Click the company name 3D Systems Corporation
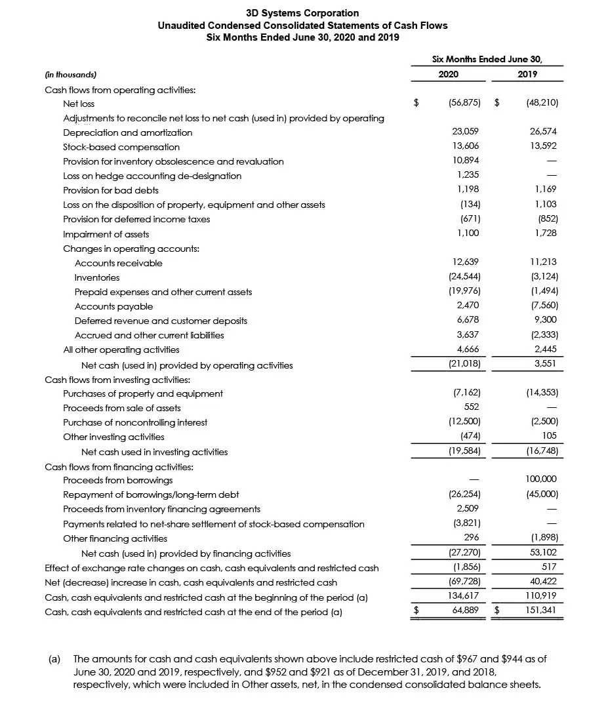[x=302, y=13]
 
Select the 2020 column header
[x=448, y=75]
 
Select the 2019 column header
[x=527, y=75]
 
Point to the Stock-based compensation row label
[x=121, y=147]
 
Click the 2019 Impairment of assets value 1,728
[x=546, y=234]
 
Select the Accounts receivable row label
[x=119, y=263]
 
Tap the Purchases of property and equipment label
[x=143, y=393]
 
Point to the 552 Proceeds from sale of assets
[x=472, y=408]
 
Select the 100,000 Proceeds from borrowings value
[x=541, y=480]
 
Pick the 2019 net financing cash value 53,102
[x=544, y=553]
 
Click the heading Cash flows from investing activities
[x=117, y=380]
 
